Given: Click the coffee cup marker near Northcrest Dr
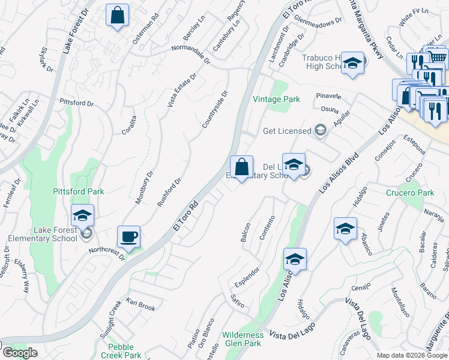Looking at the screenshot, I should [x=128, y=236].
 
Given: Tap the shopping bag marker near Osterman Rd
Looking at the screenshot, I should [x=117, y=15].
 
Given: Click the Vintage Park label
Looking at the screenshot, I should [x=276, y=99].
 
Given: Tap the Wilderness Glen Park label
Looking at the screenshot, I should [x=243, y=339].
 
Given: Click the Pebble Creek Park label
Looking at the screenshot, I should [x=125, y=351].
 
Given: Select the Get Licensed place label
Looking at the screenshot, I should [x=287, y=131].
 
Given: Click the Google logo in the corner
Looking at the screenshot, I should [x=20, y=353].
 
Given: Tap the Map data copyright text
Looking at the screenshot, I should [x=412, y=355].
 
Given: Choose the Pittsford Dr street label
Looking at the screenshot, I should [x=76, y=103].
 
